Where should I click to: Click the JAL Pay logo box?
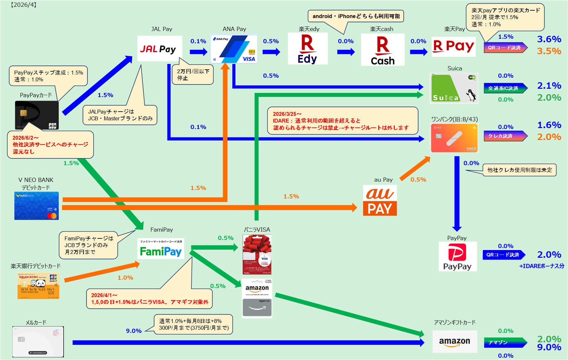tap(159, 49)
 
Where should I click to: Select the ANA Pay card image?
tap(234, 49)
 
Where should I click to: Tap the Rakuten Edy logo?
tap(308, 49)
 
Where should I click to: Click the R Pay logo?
tap(453, 47)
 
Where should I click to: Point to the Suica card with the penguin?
tap(454, 88)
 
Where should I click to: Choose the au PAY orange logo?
tap(380, 200)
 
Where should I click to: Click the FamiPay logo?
tap(161, 249)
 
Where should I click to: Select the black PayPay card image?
tap(37, 115)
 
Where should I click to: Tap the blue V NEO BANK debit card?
tap(36, 206)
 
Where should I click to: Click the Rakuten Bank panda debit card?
tap(38, 285)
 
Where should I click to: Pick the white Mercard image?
tap(38, 342)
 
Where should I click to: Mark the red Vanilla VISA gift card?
tap(257, 255)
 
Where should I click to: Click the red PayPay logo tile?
tap(457, 256)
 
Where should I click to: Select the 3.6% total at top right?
tap(549, 39)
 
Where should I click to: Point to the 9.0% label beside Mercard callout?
tap(134, 331)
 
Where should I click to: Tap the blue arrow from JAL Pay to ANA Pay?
tap(198, 52)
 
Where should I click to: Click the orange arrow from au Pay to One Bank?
tap(415, 168)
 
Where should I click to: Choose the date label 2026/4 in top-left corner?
tap(24, 5)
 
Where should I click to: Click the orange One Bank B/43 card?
tap(454, 138)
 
